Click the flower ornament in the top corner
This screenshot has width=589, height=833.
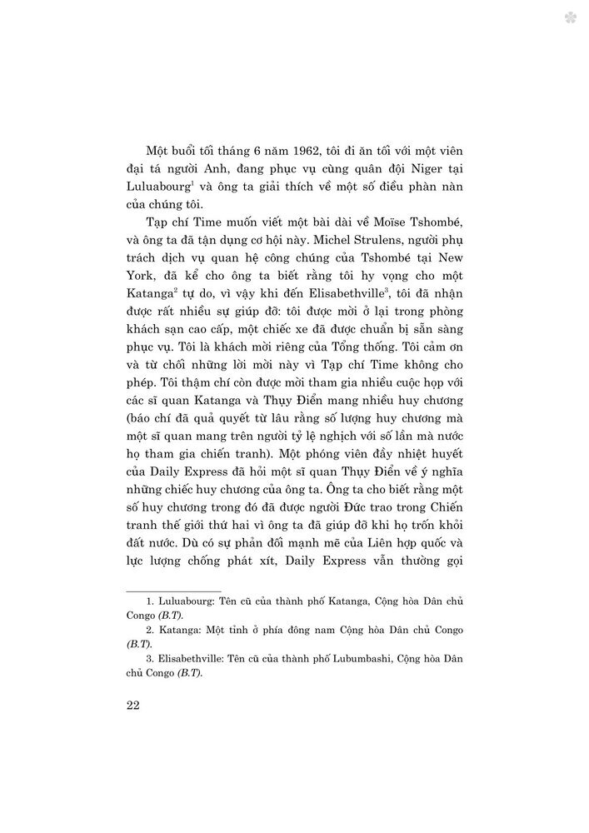pyautogui.click(x=571, y=17)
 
